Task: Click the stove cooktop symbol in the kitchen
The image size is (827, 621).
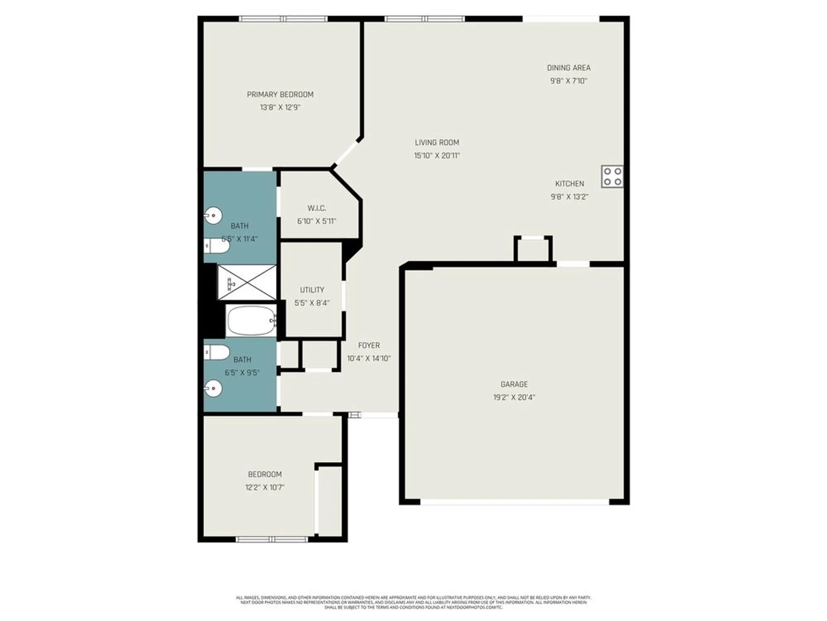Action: [612, 177]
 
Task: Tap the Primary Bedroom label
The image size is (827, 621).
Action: [280, 94]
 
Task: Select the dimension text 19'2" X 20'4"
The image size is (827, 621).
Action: [514, 397]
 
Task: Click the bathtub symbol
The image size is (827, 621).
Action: [251, 321]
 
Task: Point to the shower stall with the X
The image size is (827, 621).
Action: [247, 282]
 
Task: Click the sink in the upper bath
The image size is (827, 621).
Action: [214, 216]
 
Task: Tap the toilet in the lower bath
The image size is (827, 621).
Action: [217, 353]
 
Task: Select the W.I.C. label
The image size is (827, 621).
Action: [317, 208]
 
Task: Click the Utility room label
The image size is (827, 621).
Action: [312, 290]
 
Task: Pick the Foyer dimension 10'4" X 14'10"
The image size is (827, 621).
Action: [368, 359]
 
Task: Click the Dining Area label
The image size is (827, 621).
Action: [569, 68]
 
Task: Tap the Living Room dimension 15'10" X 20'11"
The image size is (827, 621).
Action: [437, 156]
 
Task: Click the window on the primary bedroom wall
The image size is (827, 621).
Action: [283, 19]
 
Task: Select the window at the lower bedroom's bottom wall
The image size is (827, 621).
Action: [272, 539]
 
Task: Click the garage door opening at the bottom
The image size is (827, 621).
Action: [514, 502]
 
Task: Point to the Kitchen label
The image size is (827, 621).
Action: [569, 184]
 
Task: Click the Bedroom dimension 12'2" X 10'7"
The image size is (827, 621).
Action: [265, 487]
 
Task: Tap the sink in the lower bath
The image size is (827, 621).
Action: [214, 388]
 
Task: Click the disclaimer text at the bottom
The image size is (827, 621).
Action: [413, 602]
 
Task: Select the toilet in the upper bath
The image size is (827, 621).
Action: [217, 246]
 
